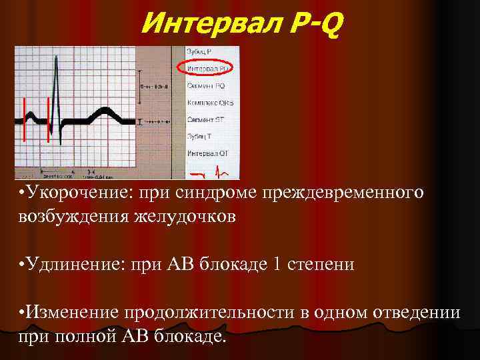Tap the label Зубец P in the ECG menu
pyautogui.click(x=199, y=52)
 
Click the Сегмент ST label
pyautogui.click(x=205, y=120)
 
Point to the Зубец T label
pyautogui.click(x=200, y=137)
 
